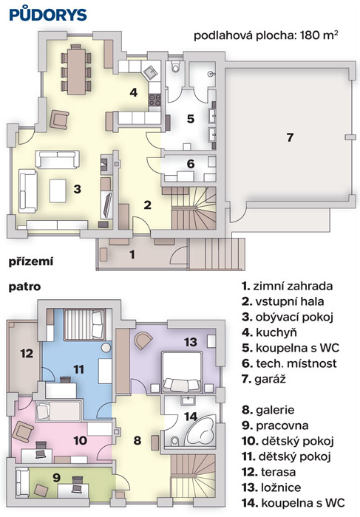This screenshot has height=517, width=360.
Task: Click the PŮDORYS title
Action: coord(48,14)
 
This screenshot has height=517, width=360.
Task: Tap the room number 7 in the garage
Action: coord(290,137)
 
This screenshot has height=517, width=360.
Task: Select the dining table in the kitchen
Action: coord(76,70)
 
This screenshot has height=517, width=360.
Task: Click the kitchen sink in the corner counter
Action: coord(151,72)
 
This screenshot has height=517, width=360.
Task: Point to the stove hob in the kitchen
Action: coord(154,100)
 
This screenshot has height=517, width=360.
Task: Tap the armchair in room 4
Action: coord(60,119)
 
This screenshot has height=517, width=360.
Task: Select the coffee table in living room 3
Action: coord(58,191)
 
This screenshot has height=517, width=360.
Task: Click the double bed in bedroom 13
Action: coord(182,372)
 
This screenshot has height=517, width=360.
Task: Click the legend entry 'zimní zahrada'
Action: coord(287,286)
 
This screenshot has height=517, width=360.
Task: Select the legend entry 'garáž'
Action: coord(264,379)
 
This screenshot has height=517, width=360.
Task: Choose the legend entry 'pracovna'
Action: coord(275,425)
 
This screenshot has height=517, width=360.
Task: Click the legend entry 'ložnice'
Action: coord(271,487)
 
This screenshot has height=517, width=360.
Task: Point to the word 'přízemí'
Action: coord(31,261)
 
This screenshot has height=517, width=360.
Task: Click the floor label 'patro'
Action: coord(24,287)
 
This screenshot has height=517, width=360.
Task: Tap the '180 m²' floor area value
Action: coord(319,35)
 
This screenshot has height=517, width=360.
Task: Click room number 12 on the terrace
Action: coord(27,354)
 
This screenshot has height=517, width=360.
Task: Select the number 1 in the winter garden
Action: coord(132,255)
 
